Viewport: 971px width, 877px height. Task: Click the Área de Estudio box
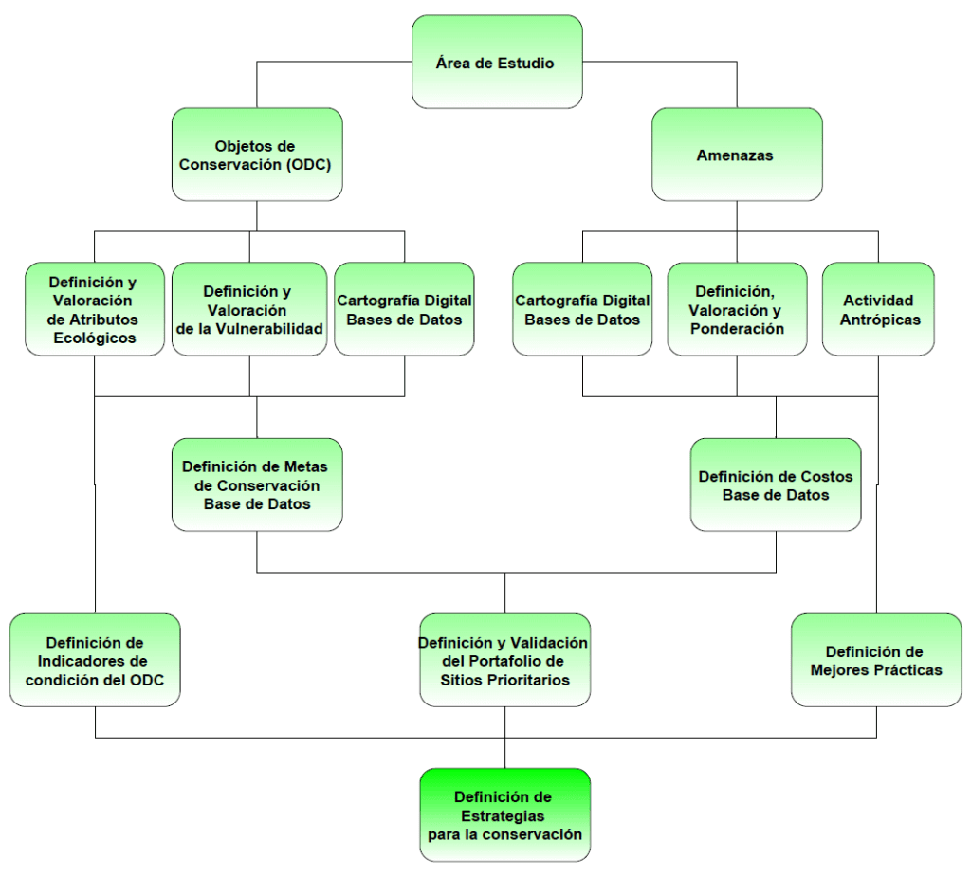click(497, 62)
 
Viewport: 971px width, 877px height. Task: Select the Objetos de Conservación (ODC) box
click(257, 155)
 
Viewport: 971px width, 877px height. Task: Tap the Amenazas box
click(737, 155)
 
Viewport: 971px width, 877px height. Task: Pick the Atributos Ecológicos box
click(95, 309)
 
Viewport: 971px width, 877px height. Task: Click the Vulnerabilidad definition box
click(249, 309)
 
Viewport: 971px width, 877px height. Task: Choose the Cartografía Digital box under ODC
click(404, 309)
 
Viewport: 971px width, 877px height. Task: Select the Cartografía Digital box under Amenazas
click(583, 309)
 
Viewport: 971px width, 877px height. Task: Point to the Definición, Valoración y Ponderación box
click(737, 309)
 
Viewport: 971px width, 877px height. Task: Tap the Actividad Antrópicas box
click(878, 309)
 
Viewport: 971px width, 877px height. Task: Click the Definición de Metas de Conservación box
click(257, 484)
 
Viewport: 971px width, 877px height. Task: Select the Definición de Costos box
click(776, 484)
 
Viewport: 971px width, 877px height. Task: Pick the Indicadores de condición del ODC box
click(95, 660)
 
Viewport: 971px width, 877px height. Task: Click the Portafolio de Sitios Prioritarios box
click(504, 660)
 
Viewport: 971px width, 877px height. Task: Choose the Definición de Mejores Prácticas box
click(876, 660)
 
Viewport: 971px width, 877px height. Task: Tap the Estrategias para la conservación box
click(504, 815)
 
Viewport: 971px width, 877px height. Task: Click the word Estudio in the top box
click(525, 64)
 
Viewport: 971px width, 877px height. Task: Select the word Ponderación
click(737, 329)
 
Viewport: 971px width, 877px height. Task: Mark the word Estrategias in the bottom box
click(503, 816)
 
